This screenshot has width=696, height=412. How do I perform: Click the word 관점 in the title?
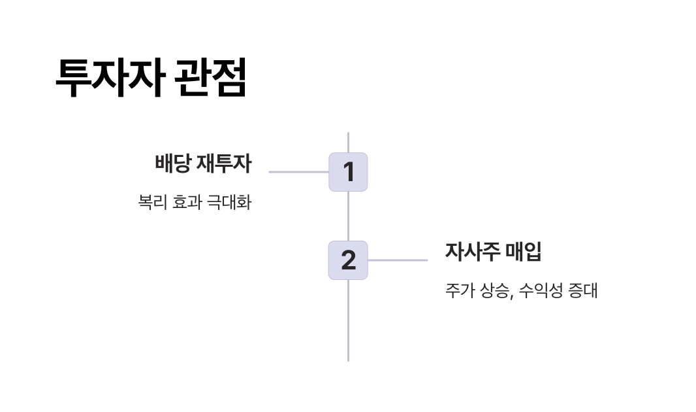[212, 78]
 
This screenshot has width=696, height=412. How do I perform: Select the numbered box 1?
[348, 172]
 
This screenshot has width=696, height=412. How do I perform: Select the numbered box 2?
[348, 260]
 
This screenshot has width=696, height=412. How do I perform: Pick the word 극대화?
[229, 202]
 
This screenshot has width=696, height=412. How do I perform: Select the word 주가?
[460, 290]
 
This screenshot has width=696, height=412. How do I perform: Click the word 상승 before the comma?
[494, 290]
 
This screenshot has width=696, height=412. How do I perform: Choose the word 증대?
[583, 290]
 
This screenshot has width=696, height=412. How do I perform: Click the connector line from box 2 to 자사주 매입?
[398, 260]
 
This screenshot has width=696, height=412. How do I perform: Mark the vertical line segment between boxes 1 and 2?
[348, 216]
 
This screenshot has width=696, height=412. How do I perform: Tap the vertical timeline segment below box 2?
[348, 320]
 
